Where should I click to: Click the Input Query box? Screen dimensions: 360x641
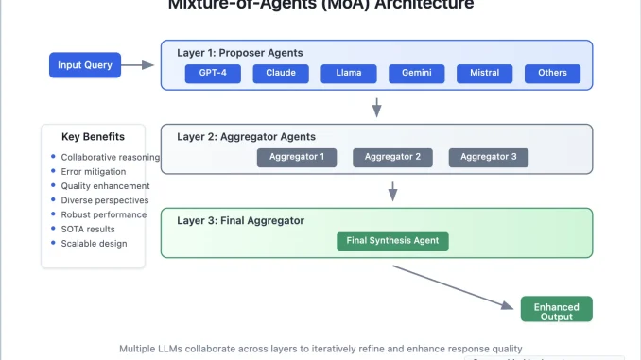86,65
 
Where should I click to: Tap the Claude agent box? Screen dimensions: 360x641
281,73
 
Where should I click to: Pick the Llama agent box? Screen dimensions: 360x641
349,73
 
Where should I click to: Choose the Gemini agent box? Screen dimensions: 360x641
417,73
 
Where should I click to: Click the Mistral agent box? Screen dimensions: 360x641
485,73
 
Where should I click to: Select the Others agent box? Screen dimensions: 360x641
552,73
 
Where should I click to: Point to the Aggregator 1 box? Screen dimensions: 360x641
296,157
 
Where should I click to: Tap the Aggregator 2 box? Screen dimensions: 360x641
392,157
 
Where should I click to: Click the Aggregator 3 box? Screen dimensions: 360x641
488,157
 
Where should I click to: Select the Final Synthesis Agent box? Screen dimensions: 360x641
392,240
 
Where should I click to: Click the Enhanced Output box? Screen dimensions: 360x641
556,309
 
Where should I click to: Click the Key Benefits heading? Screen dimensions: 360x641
93,136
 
